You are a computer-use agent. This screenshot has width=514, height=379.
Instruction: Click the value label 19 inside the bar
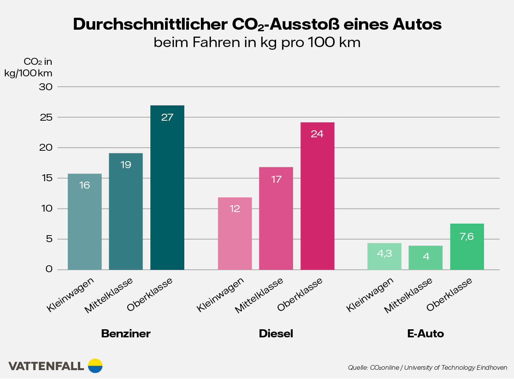tap(126, 165)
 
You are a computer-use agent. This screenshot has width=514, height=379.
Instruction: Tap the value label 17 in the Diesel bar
tap(276, 179)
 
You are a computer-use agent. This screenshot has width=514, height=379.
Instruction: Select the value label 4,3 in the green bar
tap(384, 253)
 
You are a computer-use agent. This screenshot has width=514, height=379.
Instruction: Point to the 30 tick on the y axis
tap(46, 87)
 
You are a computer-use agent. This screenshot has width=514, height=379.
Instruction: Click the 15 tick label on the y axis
tap(47, 178)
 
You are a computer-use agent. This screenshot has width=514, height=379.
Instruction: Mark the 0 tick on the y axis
tap(49, 269)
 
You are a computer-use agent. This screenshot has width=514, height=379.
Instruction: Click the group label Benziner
tap(126, 334)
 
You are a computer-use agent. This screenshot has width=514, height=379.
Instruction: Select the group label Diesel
tap(276, 334)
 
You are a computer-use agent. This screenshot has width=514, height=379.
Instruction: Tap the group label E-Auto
tap(425, 334)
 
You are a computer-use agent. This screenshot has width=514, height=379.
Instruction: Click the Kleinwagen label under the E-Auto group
tap(370, 295)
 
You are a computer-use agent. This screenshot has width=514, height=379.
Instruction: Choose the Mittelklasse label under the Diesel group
tap(259, 295)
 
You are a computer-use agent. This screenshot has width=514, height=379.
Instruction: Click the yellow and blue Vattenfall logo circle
tap(95, 366)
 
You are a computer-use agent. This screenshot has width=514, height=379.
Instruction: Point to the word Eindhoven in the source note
tap(492, 367)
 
